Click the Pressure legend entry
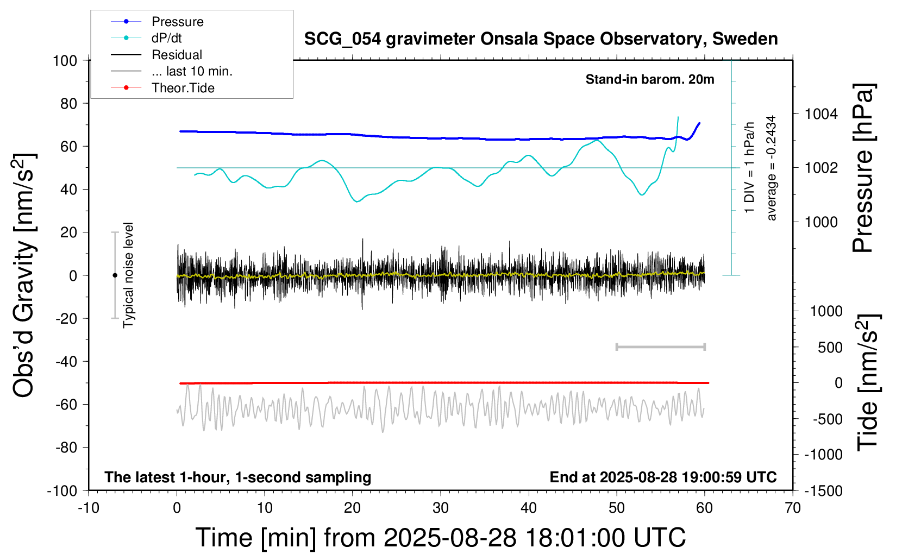(177, 22)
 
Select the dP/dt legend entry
(166, 38)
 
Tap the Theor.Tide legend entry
(183, 88)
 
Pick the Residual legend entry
(177, 55)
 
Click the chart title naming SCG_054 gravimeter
(541, 39)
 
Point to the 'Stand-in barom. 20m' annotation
(649, 79)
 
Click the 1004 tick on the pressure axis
(820, 114)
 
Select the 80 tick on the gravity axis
(68, 103)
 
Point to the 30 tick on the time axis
(441, 508)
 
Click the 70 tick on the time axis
(793, 508)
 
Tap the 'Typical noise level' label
(128, 275)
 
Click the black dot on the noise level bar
(115, 275)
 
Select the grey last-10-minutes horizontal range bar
(660, 347)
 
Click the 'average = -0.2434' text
(771, 168)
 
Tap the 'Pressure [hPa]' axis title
(863, 168)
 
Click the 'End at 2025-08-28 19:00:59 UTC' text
(663, 477)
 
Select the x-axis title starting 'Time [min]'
(440, 538)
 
